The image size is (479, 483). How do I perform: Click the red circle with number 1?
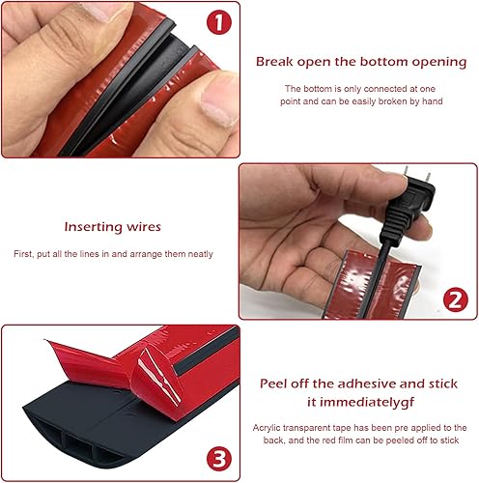pyautogui.click(x=219, y=22)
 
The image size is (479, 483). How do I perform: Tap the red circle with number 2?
pyautogui.click(x=455, y=299)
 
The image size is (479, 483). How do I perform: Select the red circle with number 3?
pyautogui.click(x=219, y=459)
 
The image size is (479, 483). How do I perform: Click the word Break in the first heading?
pyautogui.click(x=274, y=62)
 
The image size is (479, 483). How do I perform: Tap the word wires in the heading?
pyautogui.click(x=144, y=227)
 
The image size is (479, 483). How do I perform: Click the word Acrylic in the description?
pyautogui.click(x=267, y=428)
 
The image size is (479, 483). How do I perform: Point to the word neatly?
pyautogui.click(x=200, y=254)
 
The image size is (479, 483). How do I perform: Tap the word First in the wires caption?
pyautogui.click(x=23, y=254)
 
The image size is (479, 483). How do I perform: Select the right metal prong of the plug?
pyautogui.click(x=428, y=180)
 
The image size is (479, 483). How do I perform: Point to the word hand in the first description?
pyautogui.click(x=433, y=101)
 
